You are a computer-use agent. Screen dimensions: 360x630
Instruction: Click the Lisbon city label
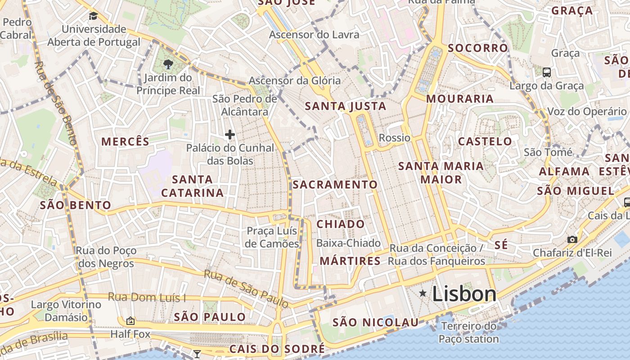464,294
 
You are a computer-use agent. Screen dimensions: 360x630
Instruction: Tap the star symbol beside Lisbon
423,293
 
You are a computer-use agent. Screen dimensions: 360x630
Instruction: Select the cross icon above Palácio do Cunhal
230,134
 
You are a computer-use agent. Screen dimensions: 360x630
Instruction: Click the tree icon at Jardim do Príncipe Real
168,64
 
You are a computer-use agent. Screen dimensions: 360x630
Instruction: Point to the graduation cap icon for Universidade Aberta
93,16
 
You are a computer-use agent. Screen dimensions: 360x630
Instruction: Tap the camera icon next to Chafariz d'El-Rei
572,239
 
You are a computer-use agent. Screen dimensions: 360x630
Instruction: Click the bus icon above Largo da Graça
547,72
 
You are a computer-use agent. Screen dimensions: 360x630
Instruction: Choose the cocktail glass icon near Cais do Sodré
197,354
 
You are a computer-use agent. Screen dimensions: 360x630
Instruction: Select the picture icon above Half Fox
130,321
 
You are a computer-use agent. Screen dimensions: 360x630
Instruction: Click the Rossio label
395,138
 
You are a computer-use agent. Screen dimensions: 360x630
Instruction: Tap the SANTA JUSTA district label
345,106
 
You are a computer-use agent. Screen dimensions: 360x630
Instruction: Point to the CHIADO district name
341,224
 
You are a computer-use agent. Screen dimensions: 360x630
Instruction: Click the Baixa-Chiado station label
349,243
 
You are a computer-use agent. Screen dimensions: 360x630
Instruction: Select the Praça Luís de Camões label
272,237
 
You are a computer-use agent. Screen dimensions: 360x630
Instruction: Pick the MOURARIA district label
460,99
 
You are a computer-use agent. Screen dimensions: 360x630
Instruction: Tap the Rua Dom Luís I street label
147,297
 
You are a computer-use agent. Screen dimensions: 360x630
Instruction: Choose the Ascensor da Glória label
295,81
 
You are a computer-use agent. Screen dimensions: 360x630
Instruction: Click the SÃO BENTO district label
75,205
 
